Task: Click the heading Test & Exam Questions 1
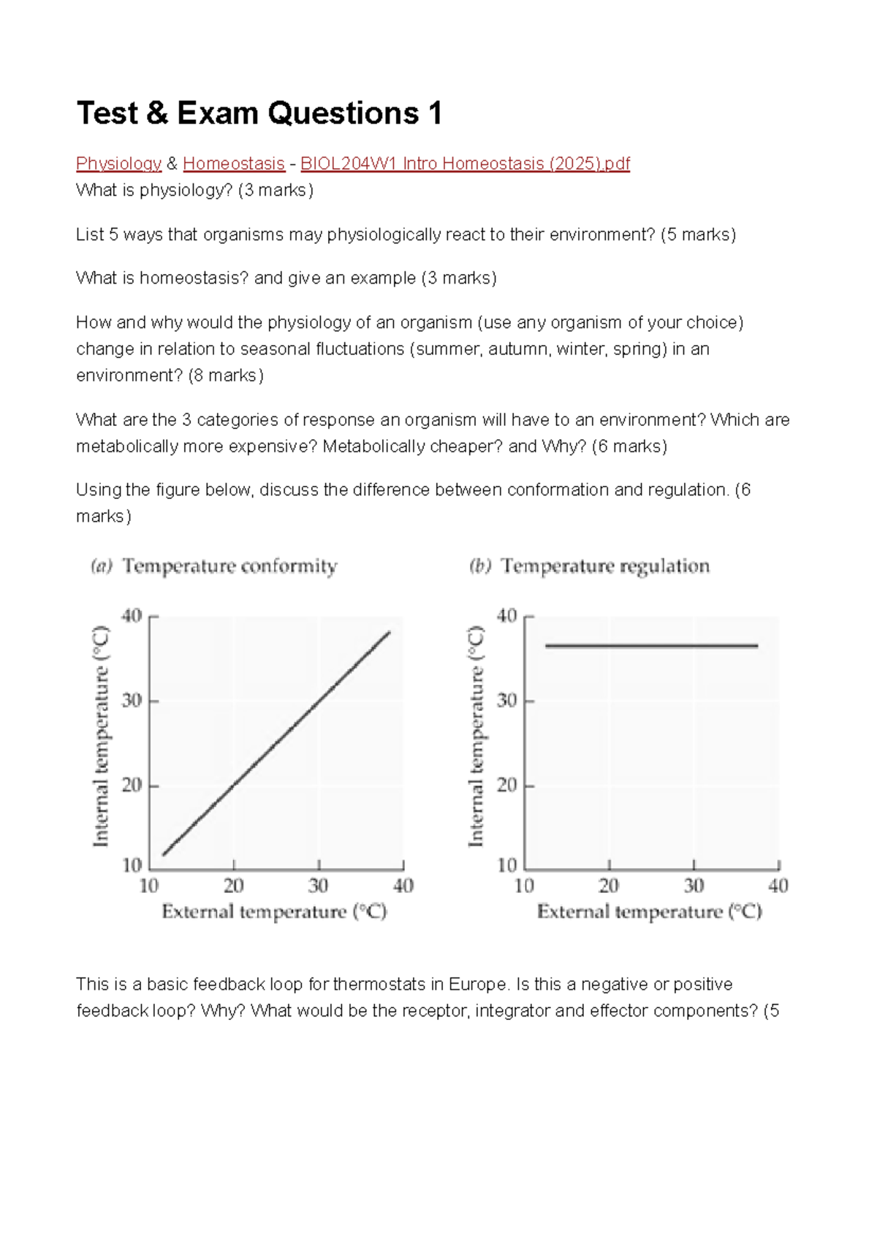259,113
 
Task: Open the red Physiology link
118,164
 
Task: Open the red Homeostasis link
233,164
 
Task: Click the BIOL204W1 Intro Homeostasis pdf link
465,164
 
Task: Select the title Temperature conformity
229,566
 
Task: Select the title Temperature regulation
605,566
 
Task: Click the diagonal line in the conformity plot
276,744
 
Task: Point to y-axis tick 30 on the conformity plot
132,701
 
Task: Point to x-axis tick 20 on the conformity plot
233,886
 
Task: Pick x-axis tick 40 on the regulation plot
778,886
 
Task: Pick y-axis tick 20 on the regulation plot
507,786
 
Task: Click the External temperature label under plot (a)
274,912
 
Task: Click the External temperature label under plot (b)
649,912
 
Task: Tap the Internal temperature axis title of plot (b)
476,737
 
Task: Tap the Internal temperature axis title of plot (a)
101,737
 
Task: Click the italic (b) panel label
479,566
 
